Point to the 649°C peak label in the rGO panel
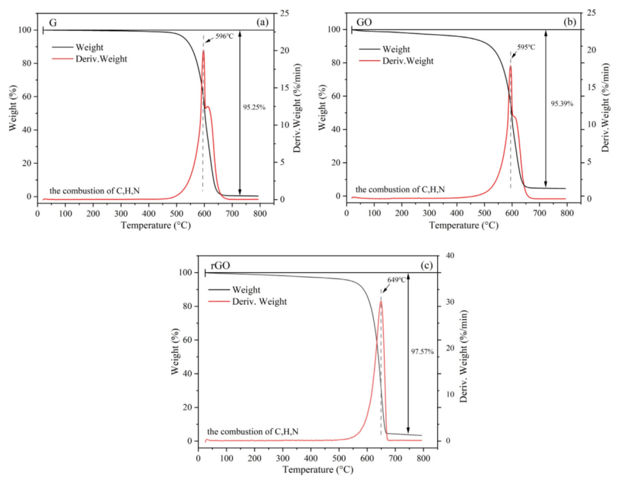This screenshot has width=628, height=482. pos(397,280)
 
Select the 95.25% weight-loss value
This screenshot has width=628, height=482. pos(253,108)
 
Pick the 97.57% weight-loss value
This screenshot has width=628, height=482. pos(422,351)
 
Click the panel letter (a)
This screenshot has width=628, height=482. pos(263,22)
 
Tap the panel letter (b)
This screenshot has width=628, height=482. pos(570,22)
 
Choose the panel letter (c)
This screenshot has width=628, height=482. pos(428,265)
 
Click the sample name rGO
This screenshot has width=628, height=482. pos(219,267)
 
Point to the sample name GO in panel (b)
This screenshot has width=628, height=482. pos(363,23)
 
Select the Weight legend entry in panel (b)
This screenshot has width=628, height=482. pos(395,49)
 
